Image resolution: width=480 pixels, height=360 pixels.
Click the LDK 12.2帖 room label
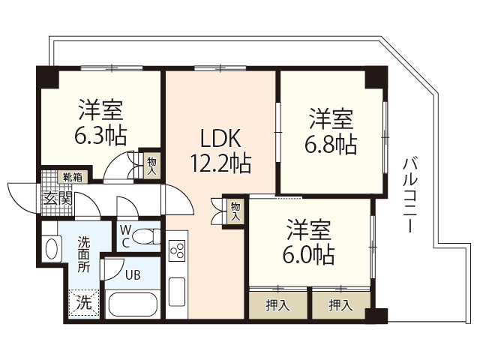[220, 150]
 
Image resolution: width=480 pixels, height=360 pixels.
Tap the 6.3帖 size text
[100, 136]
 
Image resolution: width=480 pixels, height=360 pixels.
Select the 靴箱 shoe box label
[73, 178]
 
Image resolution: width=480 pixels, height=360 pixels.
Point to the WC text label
[125, 236]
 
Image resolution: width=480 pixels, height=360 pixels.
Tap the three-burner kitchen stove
[178, 250]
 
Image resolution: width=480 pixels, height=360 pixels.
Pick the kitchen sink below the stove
[178, 291]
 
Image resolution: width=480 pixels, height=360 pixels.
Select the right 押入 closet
[340, 304]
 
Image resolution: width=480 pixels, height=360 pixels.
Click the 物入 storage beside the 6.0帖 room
[235, 211]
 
